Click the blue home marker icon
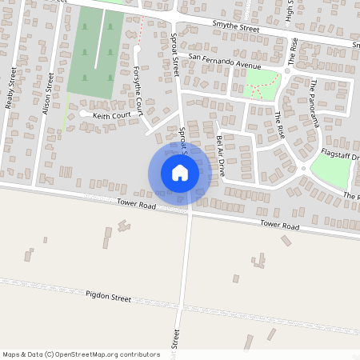(x=179, y=173)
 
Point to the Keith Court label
(x=110, y=116)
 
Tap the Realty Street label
(x=11, y=87)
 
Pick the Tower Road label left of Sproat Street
(x=134, y=206)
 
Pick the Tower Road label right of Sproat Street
(x=279, y=226)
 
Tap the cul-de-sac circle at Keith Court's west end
(x=83, y=114)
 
